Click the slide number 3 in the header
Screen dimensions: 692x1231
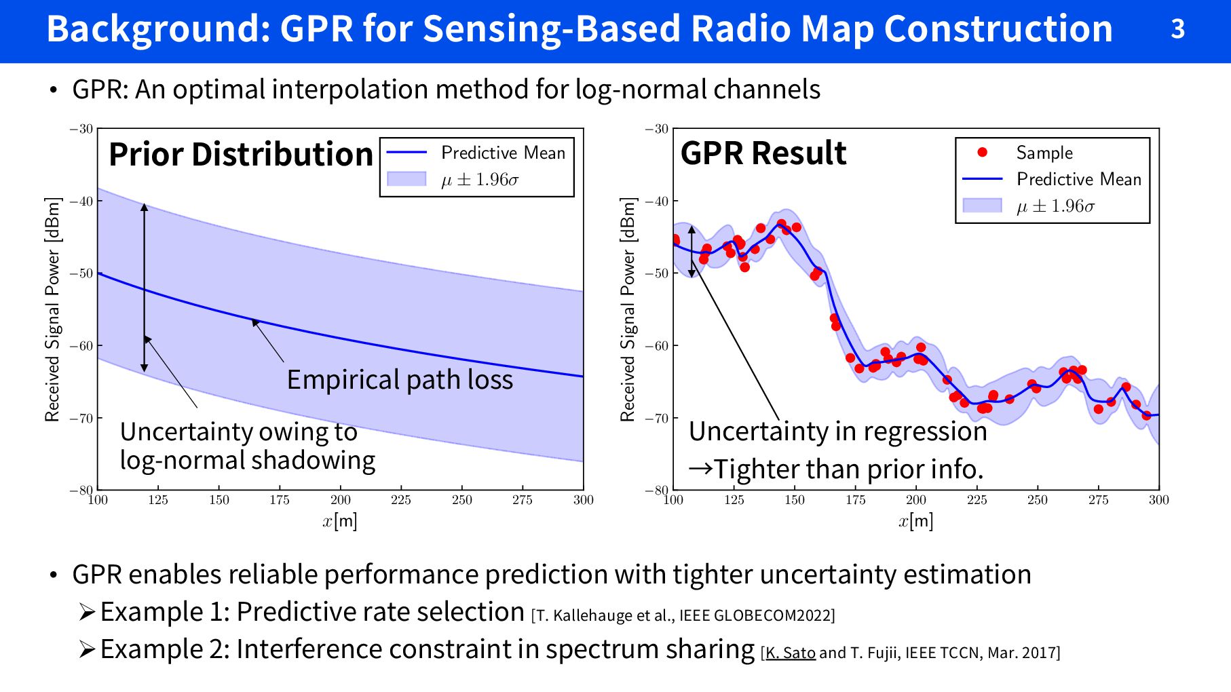coord(1177,29)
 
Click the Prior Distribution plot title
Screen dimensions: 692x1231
coord(241,155)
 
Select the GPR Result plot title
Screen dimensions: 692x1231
coord(763,153)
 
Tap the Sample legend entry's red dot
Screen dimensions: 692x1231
coord(982,153)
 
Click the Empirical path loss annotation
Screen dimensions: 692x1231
coord(400,380)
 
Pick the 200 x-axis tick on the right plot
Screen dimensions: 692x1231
coord(916,500)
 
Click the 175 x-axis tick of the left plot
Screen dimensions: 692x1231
coord(280,500)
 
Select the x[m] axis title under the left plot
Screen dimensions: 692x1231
coord(340,521)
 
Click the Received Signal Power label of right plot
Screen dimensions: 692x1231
coord(628,309)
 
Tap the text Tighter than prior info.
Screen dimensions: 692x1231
coord(848,469)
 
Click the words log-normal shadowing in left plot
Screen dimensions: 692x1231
coord(248,461)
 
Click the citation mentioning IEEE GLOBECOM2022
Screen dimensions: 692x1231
coord(683,615)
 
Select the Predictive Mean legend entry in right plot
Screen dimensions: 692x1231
coord(1079,179)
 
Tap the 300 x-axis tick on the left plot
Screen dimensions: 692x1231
coord(584,500)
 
